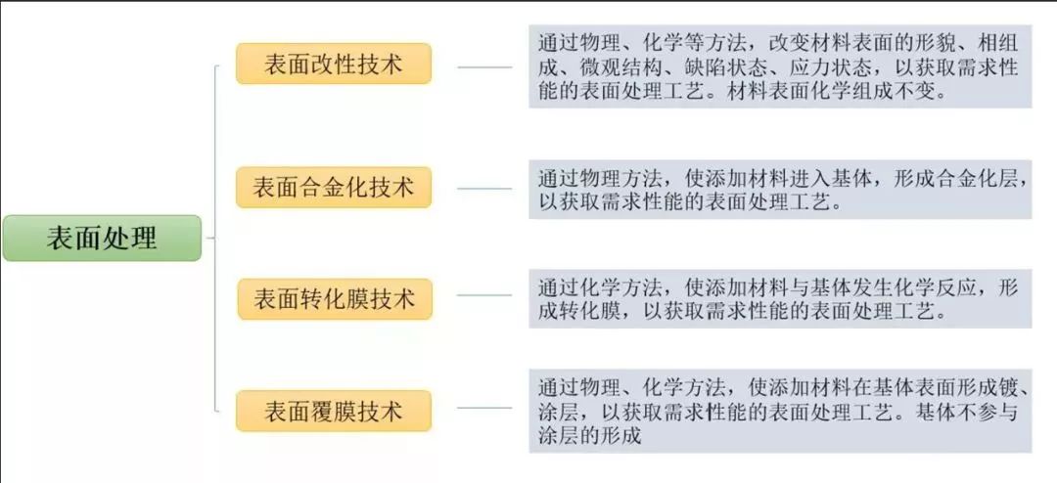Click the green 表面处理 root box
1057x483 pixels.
(102, 239)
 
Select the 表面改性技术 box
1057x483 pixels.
(334, 64)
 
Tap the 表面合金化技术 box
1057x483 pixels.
(334, 188)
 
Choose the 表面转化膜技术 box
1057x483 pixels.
(335, 299)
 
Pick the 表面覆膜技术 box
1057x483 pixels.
(334, 411)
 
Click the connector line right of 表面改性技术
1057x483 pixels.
(484, 67)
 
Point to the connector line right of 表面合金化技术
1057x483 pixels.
(484, 188)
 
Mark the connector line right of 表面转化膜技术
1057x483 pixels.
(484, 295)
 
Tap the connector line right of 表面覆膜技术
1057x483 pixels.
(484, 408)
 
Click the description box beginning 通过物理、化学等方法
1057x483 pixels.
(780, 66)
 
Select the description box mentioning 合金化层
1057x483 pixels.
(780, 190)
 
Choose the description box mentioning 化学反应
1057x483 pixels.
(780, 298)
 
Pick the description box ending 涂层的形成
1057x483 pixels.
(780, 411)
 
